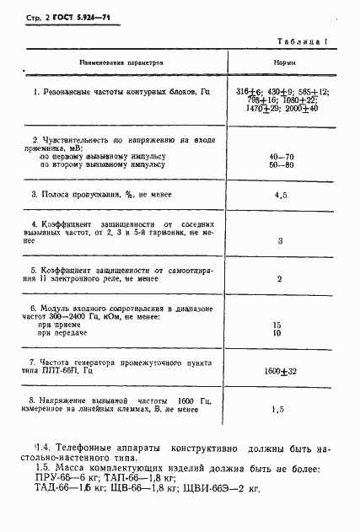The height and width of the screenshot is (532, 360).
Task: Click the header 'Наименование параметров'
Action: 121,62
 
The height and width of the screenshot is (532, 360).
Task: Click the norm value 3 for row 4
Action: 279,241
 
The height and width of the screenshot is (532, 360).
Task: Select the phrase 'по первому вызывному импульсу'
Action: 102,156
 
